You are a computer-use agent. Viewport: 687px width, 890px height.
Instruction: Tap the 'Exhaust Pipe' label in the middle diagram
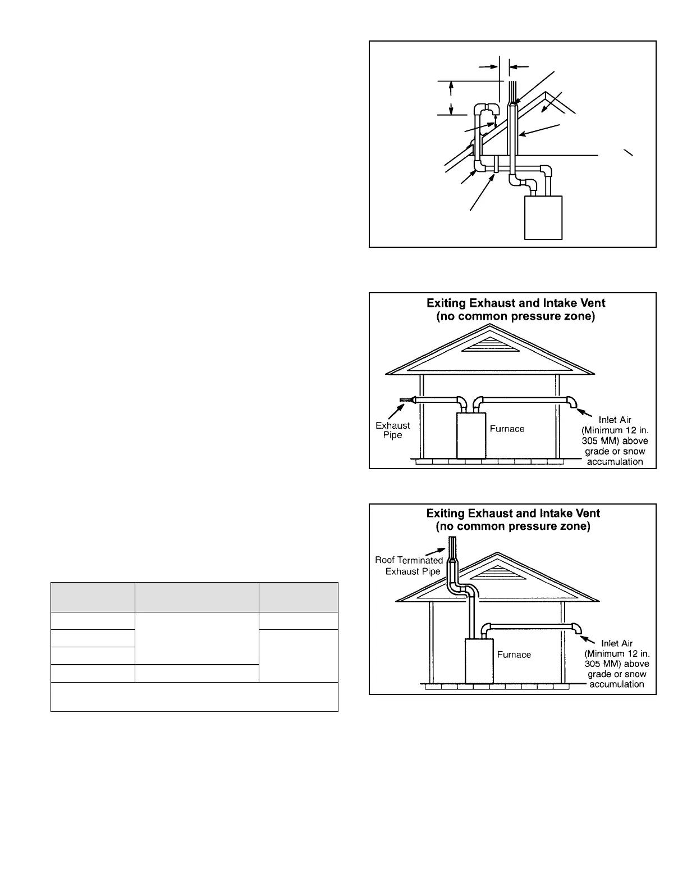click(x=393, y=430)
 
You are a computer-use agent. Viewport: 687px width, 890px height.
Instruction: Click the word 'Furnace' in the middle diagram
click(x=507, y=429)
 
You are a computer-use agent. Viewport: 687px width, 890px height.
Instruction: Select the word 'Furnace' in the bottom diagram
click(x=514, y=655)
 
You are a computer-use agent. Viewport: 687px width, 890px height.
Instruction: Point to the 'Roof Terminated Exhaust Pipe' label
click(x=409, y=566)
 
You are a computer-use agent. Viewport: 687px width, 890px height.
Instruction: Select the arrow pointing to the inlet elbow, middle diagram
click(x=584, y=414)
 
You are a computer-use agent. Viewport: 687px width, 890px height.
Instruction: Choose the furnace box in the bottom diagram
click(x=478, y=661)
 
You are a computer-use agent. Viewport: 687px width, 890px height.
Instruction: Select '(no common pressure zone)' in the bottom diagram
click(x=513, y=527)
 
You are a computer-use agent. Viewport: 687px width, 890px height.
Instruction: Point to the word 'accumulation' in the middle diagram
click(x=615, y=462)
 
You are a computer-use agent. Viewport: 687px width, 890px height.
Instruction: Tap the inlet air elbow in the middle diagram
click(x=572, y=403)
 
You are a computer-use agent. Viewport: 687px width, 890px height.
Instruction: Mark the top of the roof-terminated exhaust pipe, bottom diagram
click(x=452, y=541)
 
